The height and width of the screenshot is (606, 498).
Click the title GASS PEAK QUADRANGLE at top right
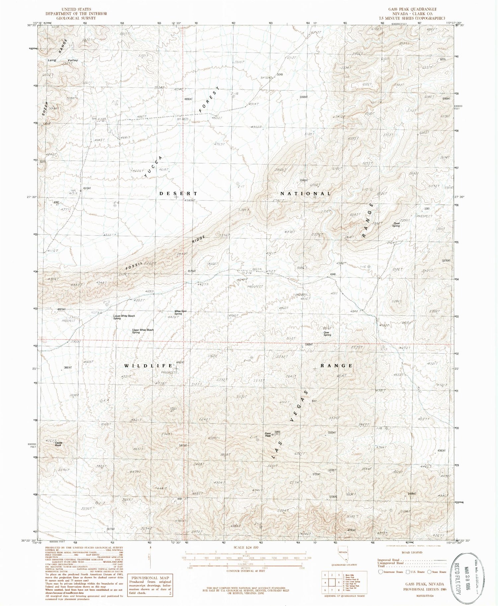pos(416,9)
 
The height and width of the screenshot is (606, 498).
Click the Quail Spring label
pos(396,224)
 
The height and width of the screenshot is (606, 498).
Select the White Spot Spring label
pos(178,312)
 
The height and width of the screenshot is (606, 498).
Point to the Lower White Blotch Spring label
pos(124,317)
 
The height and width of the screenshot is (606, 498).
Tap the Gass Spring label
pos(327,334)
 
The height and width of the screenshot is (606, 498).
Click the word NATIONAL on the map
pos(306,193)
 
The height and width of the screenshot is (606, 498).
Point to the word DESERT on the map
pos(178,193)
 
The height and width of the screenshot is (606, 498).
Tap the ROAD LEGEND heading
pos(412,553)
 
